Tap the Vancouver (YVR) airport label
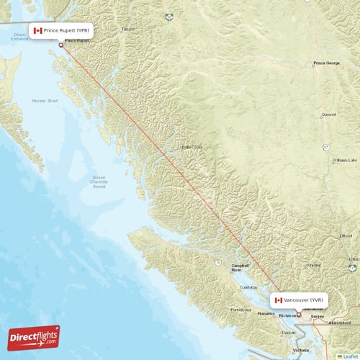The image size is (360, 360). (303, 299)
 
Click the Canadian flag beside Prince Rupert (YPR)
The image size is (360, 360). (38, 31)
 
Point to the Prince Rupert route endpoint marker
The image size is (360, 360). (60, 45)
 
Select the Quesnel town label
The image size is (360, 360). (328, 114)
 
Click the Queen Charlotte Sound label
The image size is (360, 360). (99, 181)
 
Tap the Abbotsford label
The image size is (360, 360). (341, 323)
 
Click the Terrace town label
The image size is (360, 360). (128, 29)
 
